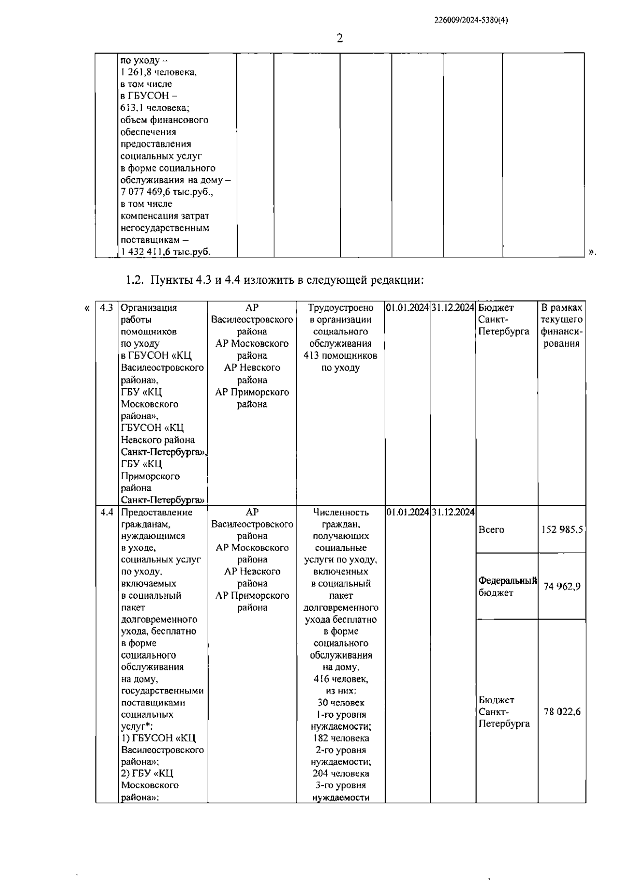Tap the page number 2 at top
(x=340, y=38)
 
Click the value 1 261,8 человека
(x=158, y=72)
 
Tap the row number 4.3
(x=106, y=308)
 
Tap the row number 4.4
(x=106, y=512)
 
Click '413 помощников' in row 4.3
(x=341, y=356)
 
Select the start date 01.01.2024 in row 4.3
(x=407, y=308)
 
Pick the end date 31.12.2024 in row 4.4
(x=453, y=512)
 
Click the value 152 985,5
(x=562, y=530)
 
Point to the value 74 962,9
(x=562, y=586)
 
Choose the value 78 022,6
(x=562, y=712)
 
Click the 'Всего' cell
(x=491, y=530)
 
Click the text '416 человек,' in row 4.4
(x=341, y=679)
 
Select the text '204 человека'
(x=341, y=773)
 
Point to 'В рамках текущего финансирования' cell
(x=562, y=325)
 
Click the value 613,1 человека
(x=154, y=108)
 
